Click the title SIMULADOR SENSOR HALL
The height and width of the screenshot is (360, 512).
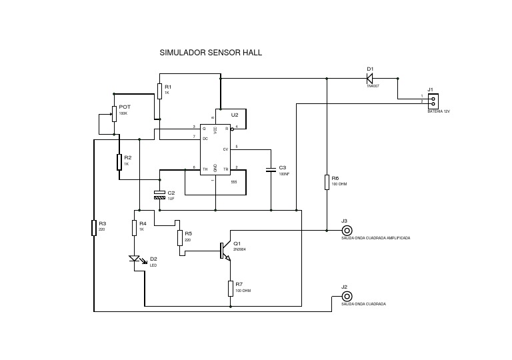(206, 51)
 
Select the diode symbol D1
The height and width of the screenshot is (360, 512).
(370, 78)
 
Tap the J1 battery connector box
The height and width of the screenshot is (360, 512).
(433, 100)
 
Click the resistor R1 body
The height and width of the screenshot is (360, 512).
(159, 91)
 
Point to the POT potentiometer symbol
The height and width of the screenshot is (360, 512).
(114, 114)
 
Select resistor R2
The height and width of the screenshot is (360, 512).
(119, 161)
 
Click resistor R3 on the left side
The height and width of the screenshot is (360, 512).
(94, 228)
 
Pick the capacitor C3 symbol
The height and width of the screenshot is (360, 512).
(271, 170)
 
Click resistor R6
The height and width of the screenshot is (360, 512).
(326, 182)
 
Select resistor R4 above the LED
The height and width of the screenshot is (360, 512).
(134, 227)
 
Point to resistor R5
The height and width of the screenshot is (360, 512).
(180, 237)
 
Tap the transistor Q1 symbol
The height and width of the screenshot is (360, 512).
(225, 250)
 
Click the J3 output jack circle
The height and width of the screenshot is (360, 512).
(345, 230)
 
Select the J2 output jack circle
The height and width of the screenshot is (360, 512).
(345, 296)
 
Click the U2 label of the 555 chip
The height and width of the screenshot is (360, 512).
(234, 115)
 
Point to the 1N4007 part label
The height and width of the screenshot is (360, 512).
(373, 87)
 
